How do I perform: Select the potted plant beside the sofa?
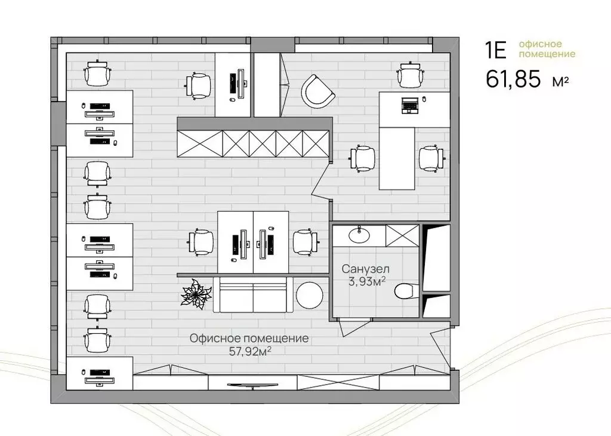pos(195,293)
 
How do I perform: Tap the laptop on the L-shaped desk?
pos(410,105)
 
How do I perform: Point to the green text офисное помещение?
pos(547,50)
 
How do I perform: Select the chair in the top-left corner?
pos(98,74)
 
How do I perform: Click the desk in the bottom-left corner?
pos(99,373)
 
